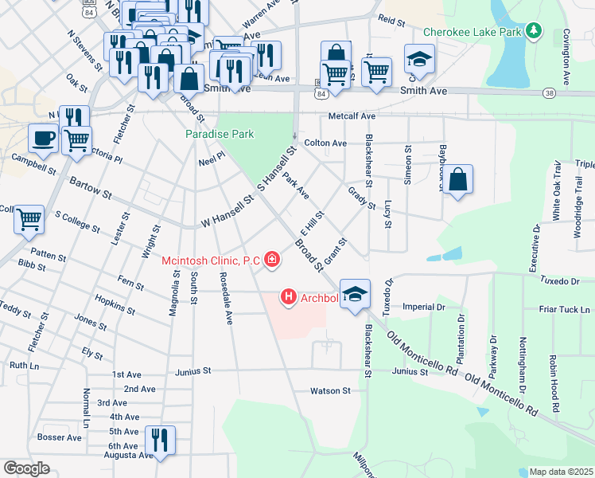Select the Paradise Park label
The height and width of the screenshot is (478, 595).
[220, 134]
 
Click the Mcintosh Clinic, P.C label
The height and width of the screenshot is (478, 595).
[212, 260]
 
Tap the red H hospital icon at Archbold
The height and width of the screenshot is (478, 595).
[289, 298]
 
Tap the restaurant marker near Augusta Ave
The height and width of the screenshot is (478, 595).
[161, 440]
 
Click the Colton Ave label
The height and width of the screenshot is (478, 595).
[331, 143]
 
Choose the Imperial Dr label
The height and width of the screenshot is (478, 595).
[424, 307]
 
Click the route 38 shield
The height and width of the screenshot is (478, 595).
[550, 93]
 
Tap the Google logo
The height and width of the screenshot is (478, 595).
[26, 468]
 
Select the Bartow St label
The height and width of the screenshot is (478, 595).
[90, 190]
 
